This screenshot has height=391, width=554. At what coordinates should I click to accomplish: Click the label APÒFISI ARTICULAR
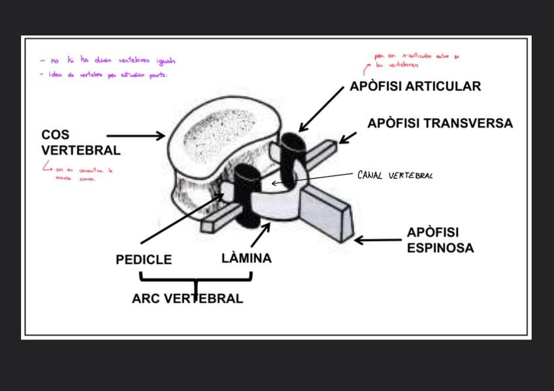coord(415,86)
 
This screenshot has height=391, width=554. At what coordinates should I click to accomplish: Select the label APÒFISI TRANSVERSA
coord(440,123)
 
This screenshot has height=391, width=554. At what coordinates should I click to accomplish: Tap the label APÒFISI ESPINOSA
coord(440,240)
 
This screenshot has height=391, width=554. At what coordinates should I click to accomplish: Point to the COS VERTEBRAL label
coord(80,142)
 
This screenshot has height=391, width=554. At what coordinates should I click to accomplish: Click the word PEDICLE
coord(144,260)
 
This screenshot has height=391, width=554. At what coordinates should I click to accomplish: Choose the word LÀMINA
coord(246,258)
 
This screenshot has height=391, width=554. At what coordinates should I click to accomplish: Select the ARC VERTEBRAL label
coord(187,299)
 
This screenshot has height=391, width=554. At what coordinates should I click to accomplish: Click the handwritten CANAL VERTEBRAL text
coord(395,175)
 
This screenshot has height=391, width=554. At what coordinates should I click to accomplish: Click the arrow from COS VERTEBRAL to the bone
coord(144,136)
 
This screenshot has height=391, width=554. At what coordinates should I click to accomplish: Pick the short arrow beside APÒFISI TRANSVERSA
coord(348,138)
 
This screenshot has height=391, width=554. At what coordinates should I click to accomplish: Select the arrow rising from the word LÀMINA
coord(261,234)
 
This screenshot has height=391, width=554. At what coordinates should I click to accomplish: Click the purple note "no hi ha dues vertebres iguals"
coord(108,61)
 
